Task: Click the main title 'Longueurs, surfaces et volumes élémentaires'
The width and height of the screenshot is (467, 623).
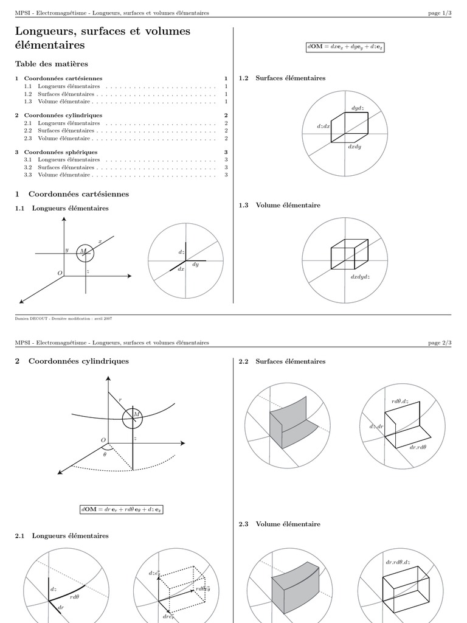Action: coord(102,38)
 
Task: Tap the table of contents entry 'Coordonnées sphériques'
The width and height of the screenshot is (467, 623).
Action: coord(61,152)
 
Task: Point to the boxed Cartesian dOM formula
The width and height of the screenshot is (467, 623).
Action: coord(345,47)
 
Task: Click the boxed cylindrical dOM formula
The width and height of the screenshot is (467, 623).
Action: coord(122,509)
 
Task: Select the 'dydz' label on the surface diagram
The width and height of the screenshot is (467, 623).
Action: coord(358,108)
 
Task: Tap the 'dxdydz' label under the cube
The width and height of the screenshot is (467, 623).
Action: coord(360,277)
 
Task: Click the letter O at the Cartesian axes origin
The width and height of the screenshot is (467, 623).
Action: coord(60,273)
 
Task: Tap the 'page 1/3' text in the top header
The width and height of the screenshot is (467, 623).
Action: coord(440,13)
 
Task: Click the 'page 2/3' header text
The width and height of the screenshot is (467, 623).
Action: coord(440,343)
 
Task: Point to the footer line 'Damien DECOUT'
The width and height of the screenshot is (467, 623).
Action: coord(63,318)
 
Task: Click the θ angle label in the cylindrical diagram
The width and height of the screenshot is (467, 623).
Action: coord(105,454)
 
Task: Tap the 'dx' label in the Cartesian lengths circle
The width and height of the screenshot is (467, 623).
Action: coord(181,269)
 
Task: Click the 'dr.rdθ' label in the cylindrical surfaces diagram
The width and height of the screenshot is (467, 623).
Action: coord(418,447)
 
